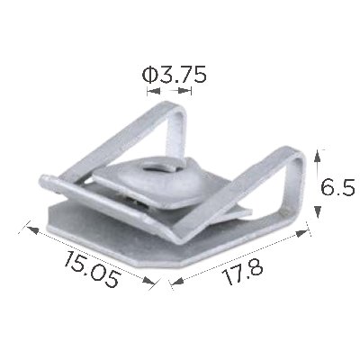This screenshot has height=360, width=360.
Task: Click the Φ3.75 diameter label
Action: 175,75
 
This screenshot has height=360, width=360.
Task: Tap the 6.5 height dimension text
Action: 337,187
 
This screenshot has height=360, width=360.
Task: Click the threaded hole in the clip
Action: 156,171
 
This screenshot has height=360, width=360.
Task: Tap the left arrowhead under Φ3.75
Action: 154,91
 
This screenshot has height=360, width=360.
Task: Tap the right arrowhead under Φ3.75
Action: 184,90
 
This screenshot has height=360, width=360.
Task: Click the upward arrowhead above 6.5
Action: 318,157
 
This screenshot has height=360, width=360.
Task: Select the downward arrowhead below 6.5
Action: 318,211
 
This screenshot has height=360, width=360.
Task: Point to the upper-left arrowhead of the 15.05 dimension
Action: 32,230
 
